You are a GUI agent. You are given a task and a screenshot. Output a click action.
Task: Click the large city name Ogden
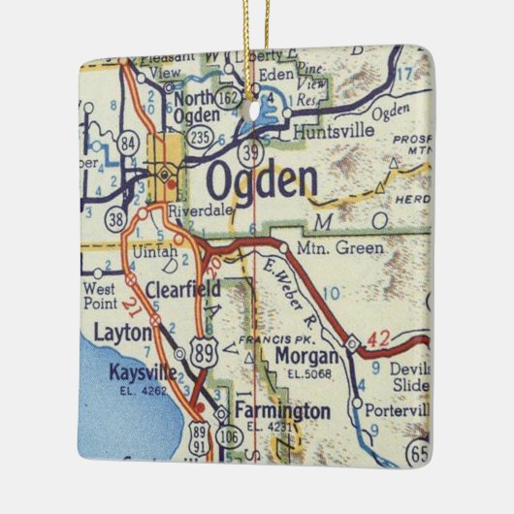pos(262,181)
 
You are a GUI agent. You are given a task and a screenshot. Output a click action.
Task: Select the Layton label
pos(123,333)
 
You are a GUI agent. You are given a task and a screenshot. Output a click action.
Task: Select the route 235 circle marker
pos(202,137)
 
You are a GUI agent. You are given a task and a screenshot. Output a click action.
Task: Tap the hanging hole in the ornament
pos(256,110)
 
